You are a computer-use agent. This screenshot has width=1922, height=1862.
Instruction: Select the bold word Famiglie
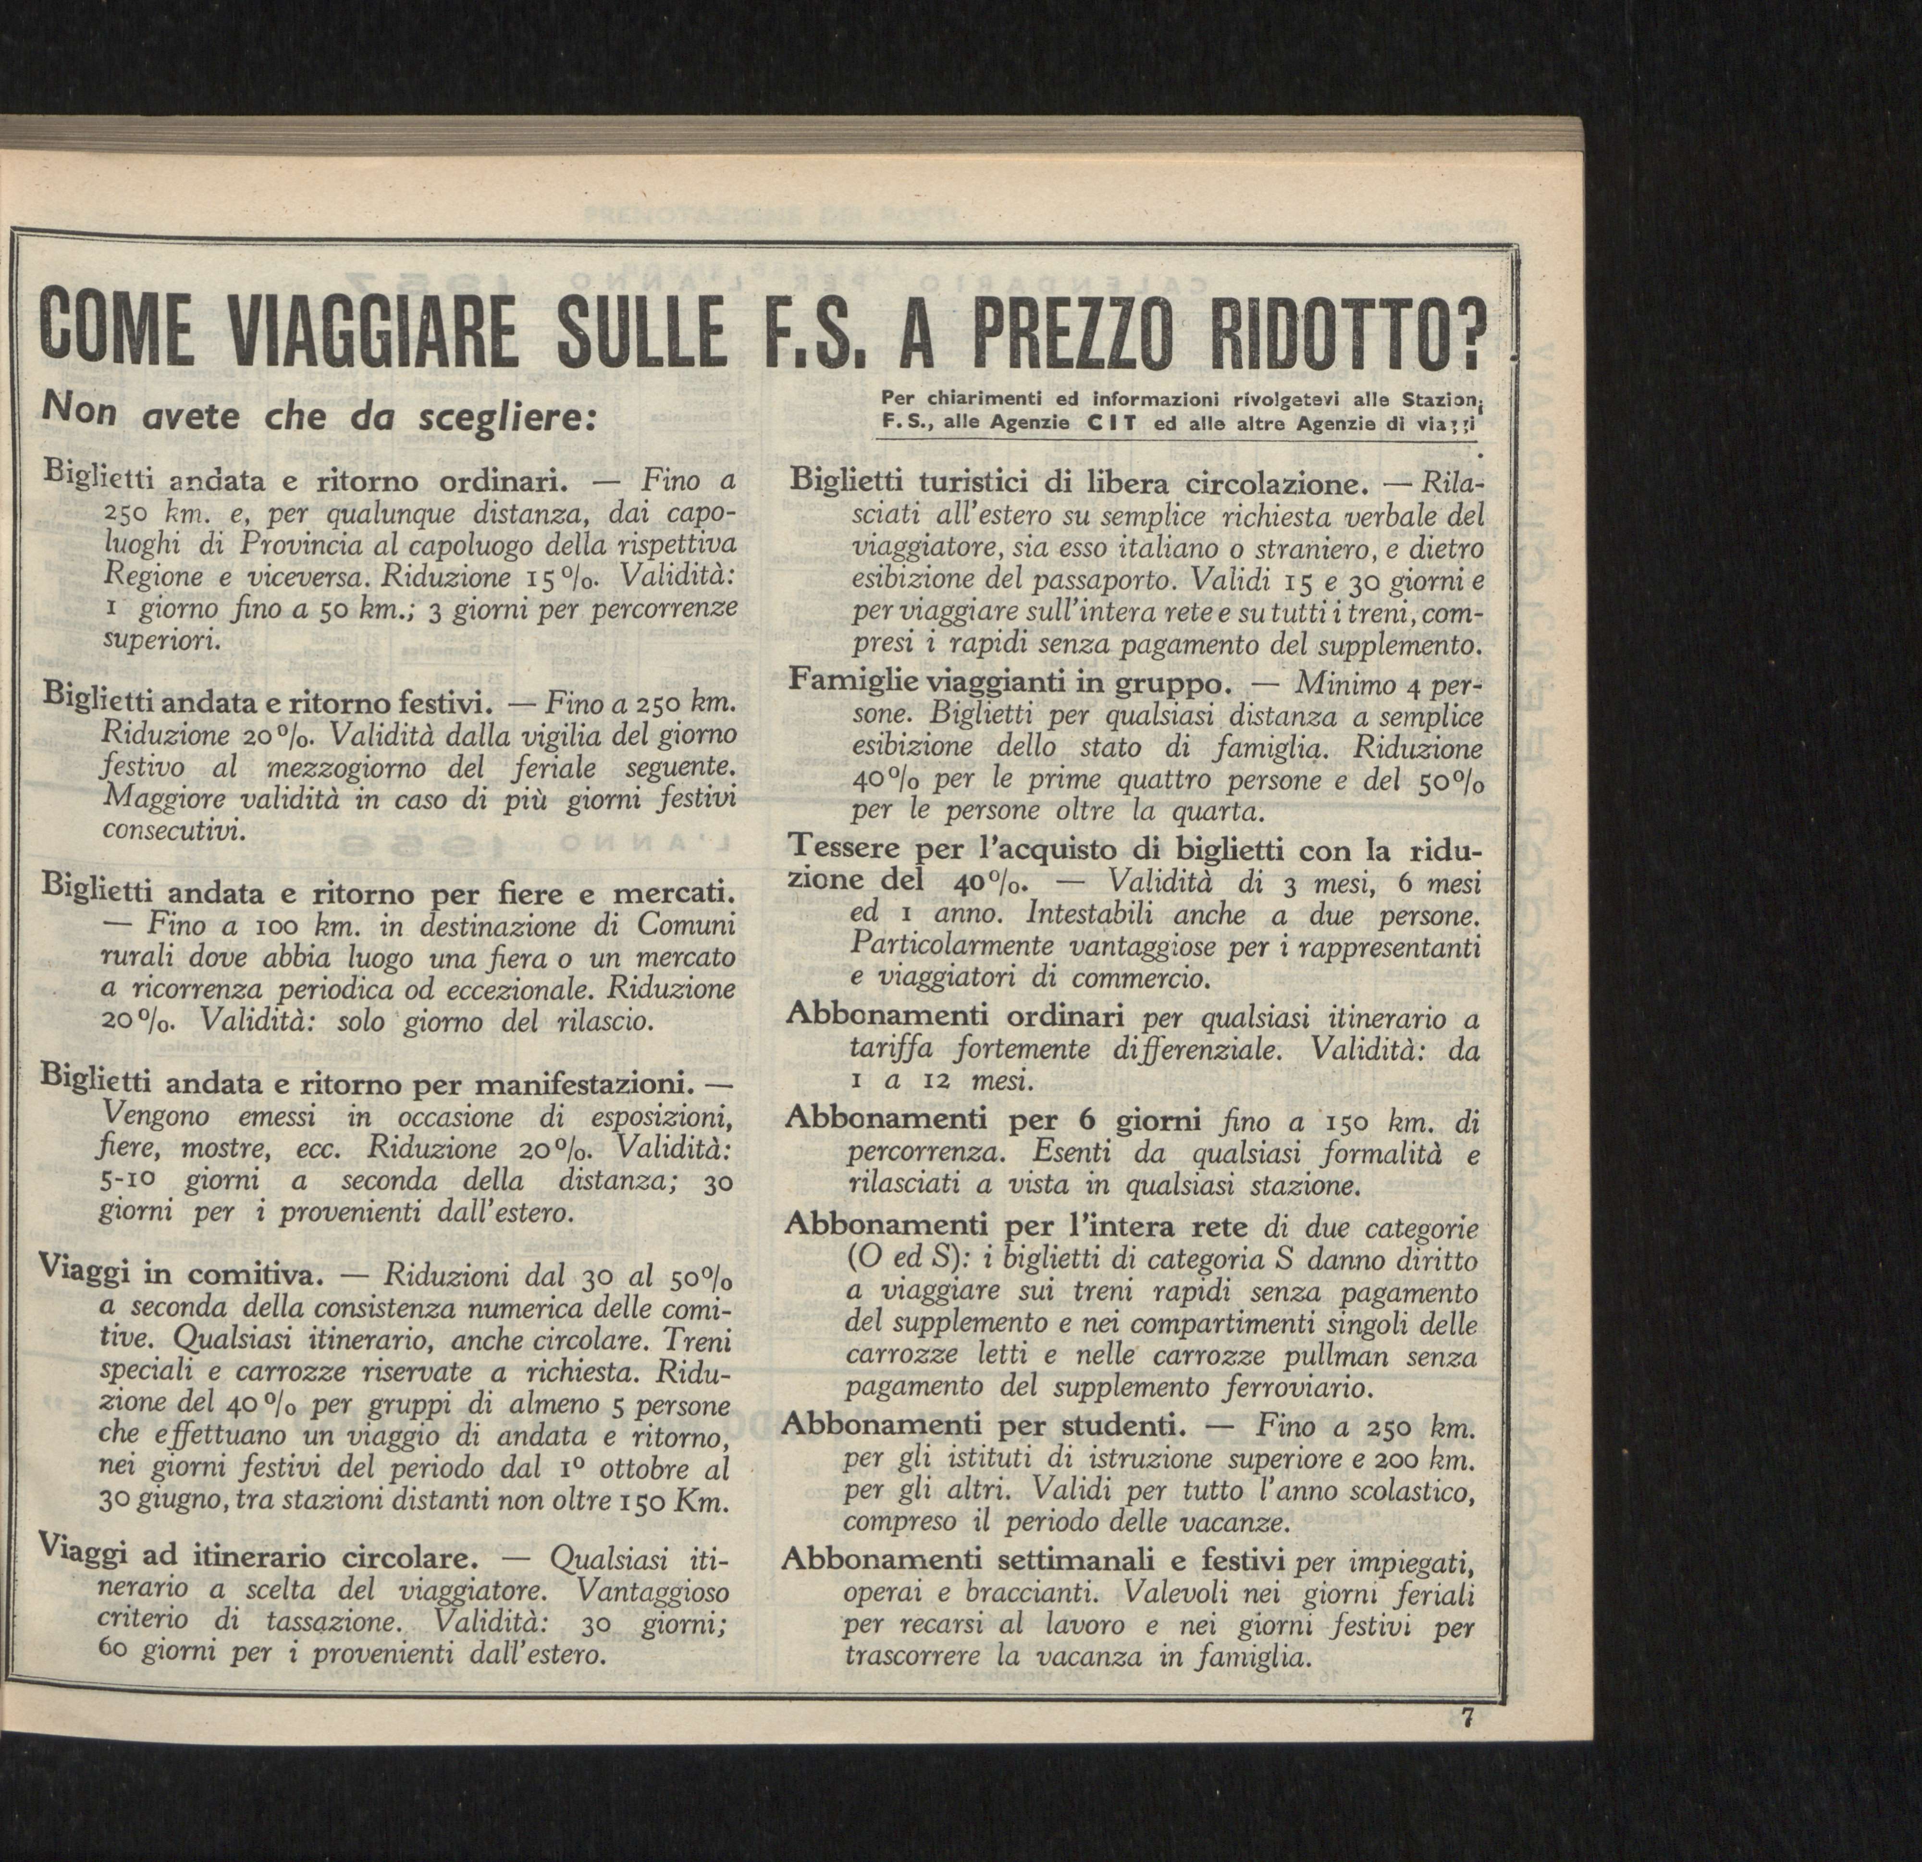point(852,680)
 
